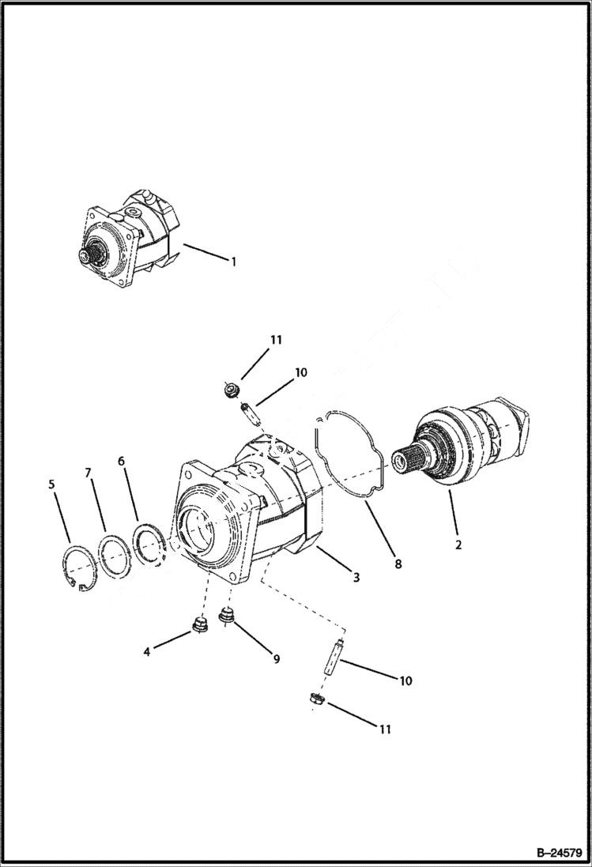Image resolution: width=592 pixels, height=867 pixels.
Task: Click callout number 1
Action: point(233,262)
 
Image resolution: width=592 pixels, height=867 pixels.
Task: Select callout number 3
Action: point(356,578)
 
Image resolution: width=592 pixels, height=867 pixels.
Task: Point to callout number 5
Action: point(52,483)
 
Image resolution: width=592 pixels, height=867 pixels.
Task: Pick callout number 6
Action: point(122,461)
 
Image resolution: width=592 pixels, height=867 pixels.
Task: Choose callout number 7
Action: point(89,473)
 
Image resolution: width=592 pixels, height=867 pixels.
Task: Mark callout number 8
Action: point(398,564)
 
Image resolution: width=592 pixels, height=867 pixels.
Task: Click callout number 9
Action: point(276,659)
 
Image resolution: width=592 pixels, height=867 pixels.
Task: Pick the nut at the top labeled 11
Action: point(231,389)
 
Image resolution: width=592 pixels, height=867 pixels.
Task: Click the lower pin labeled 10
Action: point(333,658)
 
